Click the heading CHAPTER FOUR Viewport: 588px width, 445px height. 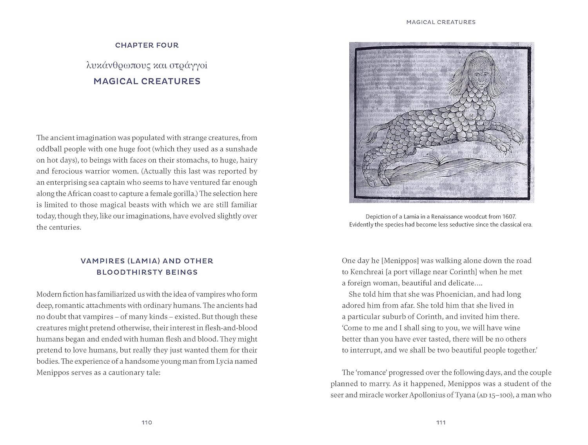point(147,45)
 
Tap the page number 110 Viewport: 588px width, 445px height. point(147,423)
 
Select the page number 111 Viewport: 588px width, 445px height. point(441,423)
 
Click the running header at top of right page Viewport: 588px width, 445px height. point(441,22)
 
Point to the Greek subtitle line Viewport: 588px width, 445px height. point(147,65)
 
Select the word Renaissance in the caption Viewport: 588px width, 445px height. point(441,217)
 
